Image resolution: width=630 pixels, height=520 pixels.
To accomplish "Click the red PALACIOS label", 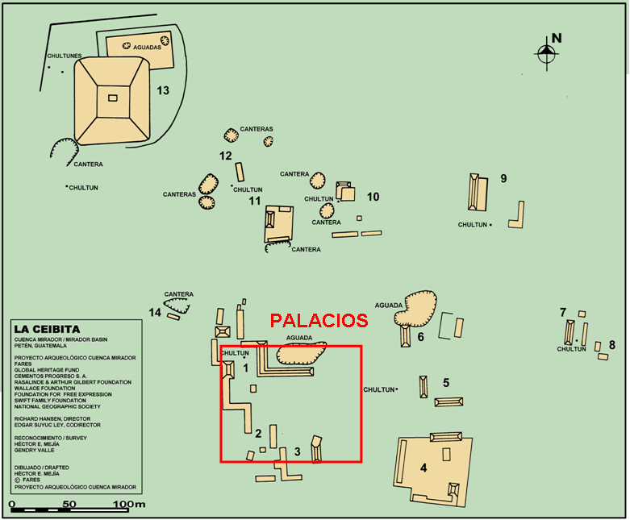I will pos(319,321).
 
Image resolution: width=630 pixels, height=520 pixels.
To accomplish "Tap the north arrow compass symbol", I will pos(547,52).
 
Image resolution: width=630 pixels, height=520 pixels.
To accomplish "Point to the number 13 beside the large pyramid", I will pos(163,90).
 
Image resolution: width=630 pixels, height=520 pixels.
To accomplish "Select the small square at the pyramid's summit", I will pos(112,98).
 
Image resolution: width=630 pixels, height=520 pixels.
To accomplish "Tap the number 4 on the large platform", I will pos(423,468).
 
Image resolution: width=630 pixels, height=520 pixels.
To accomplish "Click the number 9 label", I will pos(503,178).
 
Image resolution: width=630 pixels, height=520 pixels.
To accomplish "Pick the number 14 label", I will pos(155,312).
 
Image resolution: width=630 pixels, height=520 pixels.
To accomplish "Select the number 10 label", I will pos(373,196).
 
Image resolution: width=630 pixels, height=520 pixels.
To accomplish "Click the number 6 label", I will pos(420,336).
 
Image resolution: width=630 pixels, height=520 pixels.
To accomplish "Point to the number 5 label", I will pos(445,382).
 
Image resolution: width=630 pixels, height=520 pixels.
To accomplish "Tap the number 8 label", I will pos(611,345).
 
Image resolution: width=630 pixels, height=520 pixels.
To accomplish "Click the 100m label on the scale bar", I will pos(129,505).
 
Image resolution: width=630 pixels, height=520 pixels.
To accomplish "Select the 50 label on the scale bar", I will pos(69,505).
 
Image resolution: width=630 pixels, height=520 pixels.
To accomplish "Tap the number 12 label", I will pos(226,156).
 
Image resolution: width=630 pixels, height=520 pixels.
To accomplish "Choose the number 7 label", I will pos(563,312).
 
